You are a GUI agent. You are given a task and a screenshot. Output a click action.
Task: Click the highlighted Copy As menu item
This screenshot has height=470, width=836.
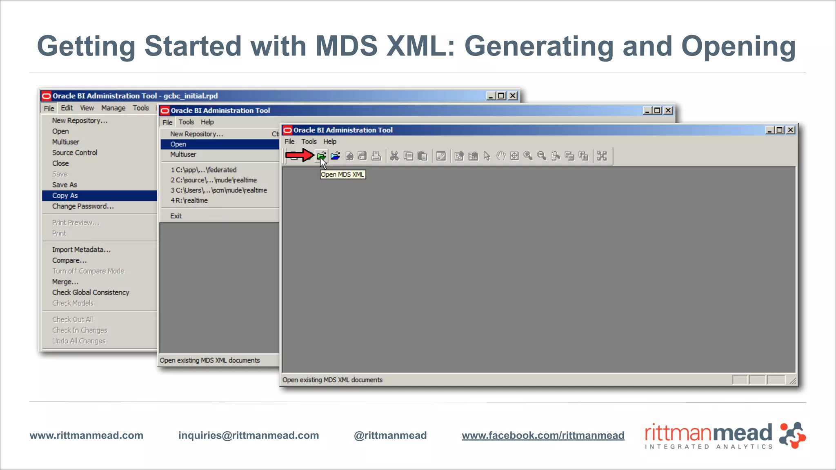click(65, 195)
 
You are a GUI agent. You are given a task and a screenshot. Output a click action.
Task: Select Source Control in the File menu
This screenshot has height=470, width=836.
click(75, 153)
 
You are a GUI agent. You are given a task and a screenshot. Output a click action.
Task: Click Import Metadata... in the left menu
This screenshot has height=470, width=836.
click(81, 250)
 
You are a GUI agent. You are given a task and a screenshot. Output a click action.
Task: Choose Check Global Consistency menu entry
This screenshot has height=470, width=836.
click(91, 293)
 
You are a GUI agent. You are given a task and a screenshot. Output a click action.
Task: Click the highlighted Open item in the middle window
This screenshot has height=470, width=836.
click(178, 144)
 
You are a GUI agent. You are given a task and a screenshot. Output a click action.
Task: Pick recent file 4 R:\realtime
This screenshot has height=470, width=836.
click(189, 200)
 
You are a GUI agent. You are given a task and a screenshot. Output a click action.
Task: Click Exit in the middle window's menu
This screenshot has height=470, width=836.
click(176, 216)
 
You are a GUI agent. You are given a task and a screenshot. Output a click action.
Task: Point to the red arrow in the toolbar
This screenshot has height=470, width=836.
click(299, 155)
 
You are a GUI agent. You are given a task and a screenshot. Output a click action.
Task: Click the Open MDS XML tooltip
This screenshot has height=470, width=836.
click(342, 175)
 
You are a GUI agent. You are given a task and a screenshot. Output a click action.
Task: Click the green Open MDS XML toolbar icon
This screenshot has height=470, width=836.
click(321, 156)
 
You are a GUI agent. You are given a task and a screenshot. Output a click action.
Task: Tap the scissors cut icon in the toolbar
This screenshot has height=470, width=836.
click(394, 156)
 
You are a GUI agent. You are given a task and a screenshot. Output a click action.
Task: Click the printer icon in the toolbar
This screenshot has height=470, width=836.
click(376, 156)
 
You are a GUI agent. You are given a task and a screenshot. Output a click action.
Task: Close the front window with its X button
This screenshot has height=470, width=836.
click(791, 130)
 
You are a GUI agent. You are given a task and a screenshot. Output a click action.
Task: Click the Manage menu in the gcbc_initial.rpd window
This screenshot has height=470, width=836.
click(113, 108)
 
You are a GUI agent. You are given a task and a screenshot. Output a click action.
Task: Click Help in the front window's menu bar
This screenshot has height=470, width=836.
click(330, 142)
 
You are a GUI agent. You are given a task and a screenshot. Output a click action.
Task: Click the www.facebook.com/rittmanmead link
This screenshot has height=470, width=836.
click(543, 435)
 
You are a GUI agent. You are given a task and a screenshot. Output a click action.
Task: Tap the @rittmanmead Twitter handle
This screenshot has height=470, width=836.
click(390, 435)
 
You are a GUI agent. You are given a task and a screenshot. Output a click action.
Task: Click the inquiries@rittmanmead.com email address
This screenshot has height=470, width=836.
click(249, 435)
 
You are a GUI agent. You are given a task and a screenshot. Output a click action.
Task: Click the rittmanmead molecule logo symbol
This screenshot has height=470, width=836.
click(792, 435)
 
